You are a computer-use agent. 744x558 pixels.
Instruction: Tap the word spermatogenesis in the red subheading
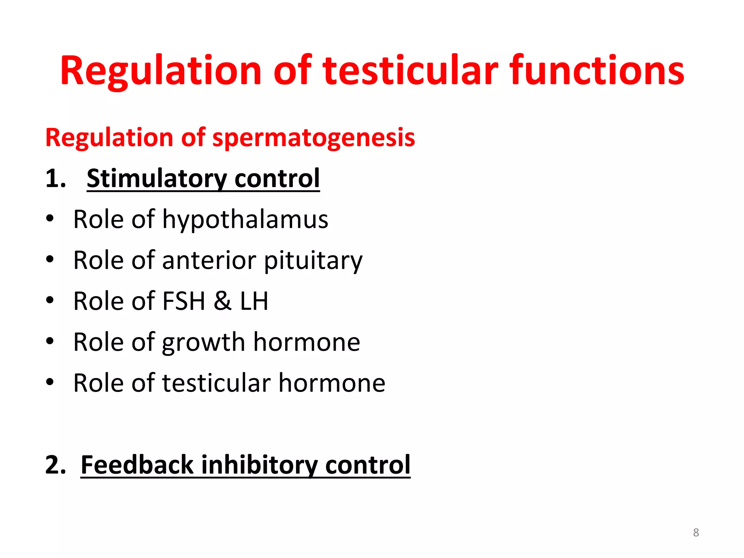click(x=314, y=138)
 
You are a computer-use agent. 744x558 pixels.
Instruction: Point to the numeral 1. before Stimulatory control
click(x=56, y=179)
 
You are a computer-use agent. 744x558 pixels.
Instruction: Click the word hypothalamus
click(x=245, y=220)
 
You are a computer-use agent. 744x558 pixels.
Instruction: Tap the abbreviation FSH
click(x=184, y=301)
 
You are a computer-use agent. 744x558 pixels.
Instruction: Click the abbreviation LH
click(x=254, y=301)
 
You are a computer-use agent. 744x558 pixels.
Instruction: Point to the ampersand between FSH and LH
click(x=222, y=301)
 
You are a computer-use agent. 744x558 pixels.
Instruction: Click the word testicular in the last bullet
click(x=217, y=383)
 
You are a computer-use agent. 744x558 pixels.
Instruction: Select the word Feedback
click(x=137, y=465)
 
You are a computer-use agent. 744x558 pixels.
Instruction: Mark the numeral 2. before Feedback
click(x=56, y=465)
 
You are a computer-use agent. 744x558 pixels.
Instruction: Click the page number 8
click(x=696, y=533)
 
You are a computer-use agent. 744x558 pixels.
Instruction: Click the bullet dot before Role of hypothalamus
click(x=50, y=219)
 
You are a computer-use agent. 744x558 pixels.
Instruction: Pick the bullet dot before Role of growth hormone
click(x=50, y=341)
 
